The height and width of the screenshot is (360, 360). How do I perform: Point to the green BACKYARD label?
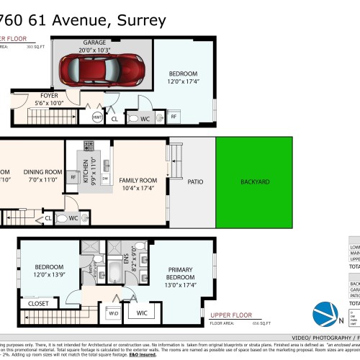(255, 182)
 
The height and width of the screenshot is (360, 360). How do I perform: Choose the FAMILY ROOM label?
(139, 179)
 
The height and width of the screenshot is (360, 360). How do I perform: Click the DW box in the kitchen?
(105, 177)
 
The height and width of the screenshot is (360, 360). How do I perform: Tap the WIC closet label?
(142, 312)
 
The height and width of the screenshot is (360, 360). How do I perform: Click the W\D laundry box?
(113, 313)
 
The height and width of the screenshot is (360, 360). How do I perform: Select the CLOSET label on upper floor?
(39, 304)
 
